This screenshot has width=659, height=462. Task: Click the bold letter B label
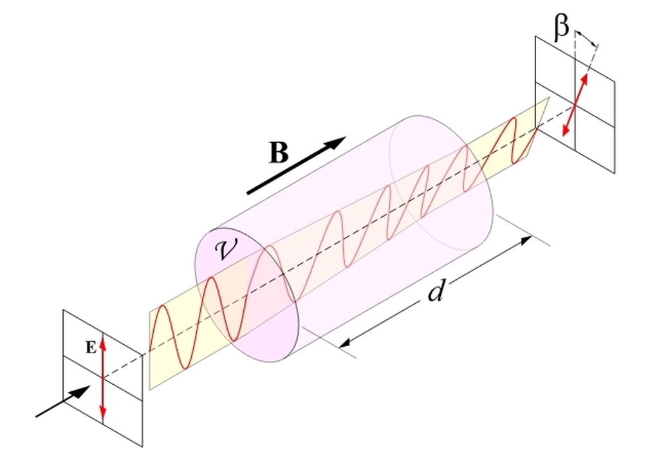[x=279, y=153]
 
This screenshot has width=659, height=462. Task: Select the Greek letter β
[x=561, y=28]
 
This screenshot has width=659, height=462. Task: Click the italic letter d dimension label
[x=437, y=291]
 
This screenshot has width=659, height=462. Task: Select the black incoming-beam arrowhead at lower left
[x=80, y=392]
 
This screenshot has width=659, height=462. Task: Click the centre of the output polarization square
[x=575, y=104]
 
